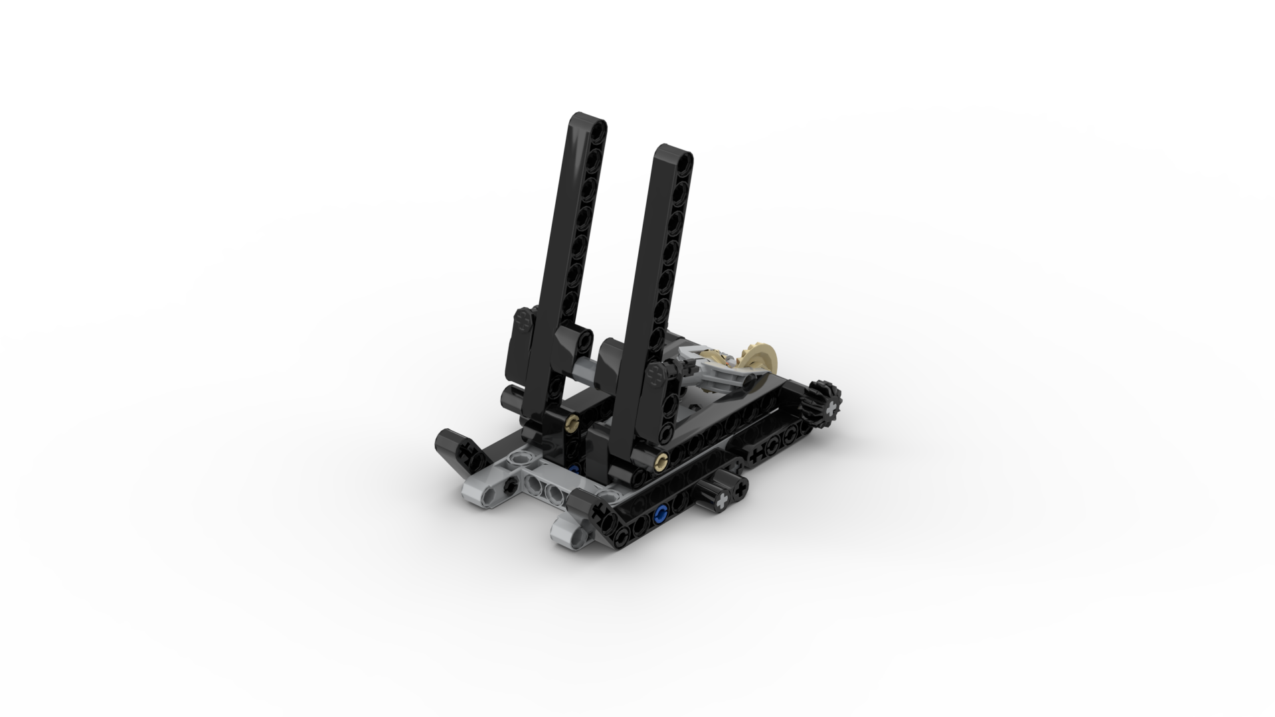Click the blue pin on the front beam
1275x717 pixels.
[x=660, y=513]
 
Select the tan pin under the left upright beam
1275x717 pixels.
[x=571, y=421]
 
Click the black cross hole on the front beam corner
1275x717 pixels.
[x=601, y=513]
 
